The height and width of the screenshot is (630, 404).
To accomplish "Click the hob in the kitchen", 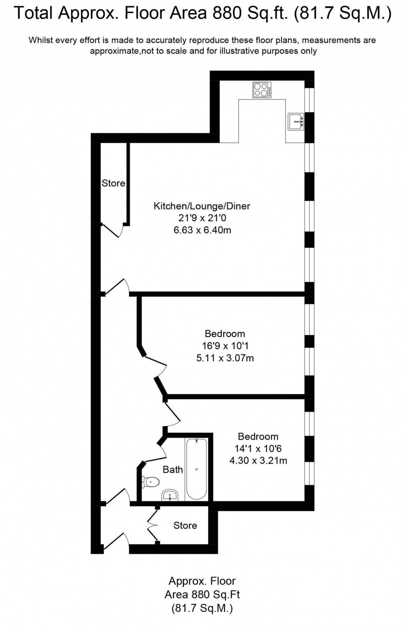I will pyautogui.click(x=262, y=90).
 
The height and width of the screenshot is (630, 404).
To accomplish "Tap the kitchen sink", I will pyautogui.click(x=296, y=122).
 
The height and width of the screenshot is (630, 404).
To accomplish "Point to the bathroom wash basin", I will pyautogui.click(x=169, y=496).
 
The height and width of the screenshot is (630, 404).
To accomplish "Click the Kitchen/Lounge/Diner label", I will pyautogui.click(x=202, y=206).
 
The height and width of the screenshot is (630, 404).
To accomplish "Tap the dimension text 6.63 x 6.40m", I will pyautogui.click(x=202, y=230).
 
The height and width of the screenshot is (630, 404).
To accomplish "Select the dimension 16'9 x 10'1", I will pyautogui.click(x=225, y=346).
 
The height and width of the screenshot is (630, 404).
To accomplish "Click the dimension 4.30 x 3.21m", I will pyautogui.click(x=258, y=461).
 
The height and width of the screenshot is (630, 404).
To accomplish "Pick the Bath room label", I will pyautogui.click(x=173, y=469).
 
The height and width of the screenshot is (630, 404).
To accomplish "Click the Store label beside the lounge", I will pyautogui.click(x=113, y=183).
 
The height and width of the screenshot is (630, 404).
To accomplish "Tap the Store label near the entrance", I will pyautogui.click(x=185, y=525).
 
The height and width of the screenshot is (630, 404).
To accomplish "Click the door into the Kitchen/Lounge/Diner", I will pyautogui.click(x=117, y=287).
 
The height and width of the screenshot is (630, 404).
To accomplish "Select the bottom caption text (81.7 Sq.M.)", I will pyautogui.click(x=202, y=608).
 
